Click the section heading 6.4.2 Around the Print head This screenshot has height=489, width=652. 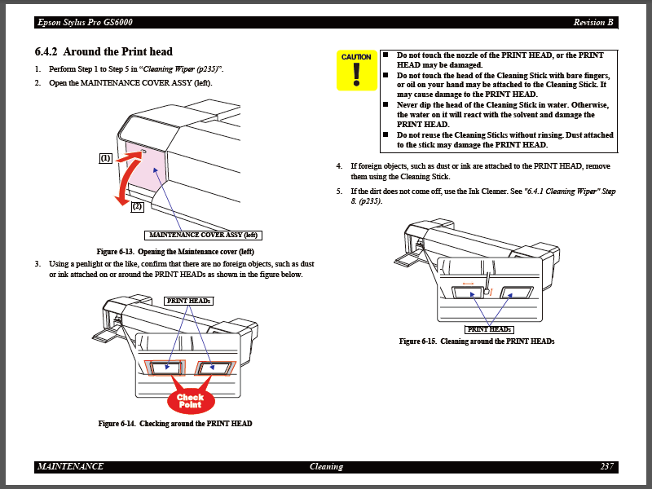(104, 51)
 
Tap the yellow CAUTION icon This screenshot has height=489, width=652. (356, 70)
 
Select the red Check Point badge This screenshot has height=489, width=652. (190, 400)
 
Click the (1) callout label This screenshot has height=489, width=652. (106, 158)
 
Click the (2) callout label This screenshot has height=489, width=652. (137, 206)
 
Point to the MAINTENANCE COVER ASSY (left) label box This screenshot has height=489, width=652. (204, 235)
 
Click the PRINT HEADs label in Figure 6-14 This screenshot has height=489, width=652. (188, 301)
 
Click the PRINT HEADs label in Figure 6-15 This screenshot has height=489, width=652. (489, 329)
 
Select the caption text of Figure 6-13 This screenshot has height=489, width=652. (175, 251)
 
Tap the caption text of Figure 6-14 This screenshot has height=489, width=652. (175, 424)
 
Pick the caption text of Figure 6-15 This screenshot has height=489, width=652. (477, 341)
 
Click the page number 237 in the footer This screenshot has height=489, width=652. (606, 467)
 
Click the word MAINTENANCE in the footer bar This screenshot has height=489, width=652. (70, 467)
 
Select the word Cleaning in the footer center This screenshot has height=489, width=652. (326, 467)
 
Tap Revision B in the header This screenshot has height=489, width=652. (593, 22)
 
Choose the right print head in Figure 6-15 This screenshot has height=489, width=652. (517, 293)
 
